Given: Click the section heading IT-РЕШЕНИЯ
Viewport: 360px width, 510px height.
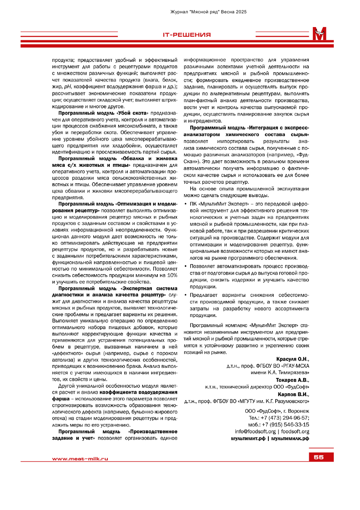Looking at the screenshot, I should pyautogui.click(x=186, y=35).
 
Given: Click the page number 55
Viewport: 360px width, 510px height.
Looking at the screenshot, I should pyautogui.click(x=318, y=457).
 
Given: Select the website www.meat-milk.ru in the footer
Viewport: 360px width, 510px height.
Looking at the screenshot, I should pyautogui.click(x=80, y=459).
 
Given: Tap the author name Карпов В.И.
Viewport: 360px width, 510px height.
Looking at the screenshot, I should pyautogui.click(x=293, y=395).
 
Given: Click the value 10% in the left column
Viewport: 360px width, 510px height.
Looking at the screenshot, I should pyautogui.click(x=172, y=275).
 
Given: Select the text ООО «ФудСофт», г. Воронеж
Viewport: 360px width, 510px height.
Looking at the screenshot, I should pyautogui.click(x=277, y=411).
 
